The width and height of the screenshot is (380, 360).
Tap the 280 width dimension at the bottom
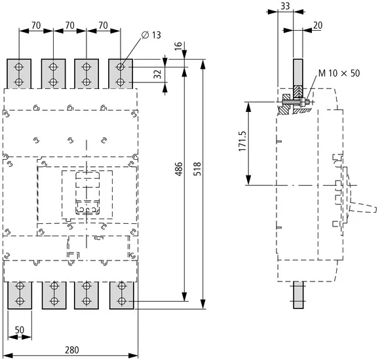tap(73, 350)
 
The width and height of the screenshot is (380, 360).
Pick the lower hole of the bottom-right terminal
tap(121, 300)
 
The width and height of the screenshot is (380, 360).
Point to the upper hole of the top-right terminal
tap(121, 67)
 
